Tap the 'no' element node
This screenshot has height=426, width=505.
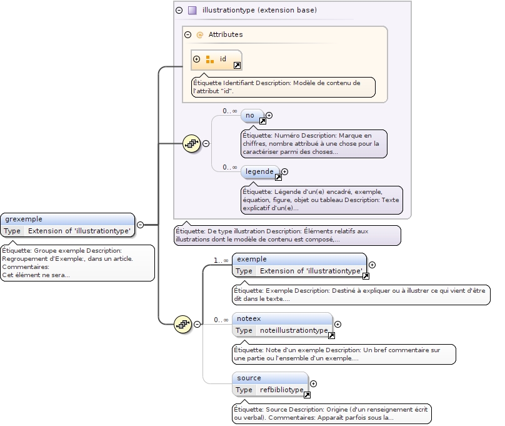pos(250,115)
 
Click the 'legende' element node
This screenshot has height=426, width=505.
pos(259,171)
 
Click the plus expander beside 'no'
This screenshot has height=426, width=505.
pos(269,115)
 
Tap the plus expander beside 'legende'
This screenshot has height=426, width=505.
pos(284,171)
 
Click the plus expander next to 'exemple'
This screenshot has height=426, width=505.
pos(372,265)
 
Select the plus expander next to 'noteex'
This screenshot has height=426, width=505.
pos(338,324)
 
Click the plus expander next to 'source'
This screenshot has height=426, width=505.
pos(314,384)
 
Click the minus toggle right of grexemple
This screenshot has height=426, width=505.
pos(140,225)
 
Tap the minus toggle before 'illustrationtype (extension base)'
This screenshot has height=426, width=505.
pos(179,11)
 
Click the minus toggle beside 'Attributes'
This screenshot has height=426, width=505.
pos(187,35)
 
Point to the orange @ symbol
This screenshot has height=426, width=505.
pos(200,35)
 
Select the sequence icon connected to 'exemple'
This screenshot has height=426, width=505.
pos(182,323)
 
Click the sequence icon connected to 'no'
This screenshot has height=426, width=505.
pos(191,143)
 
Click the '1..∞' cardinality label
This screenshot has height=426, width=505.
pos(221,260)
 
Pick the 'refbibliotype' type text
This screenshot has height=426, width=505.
pos(281,390)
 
